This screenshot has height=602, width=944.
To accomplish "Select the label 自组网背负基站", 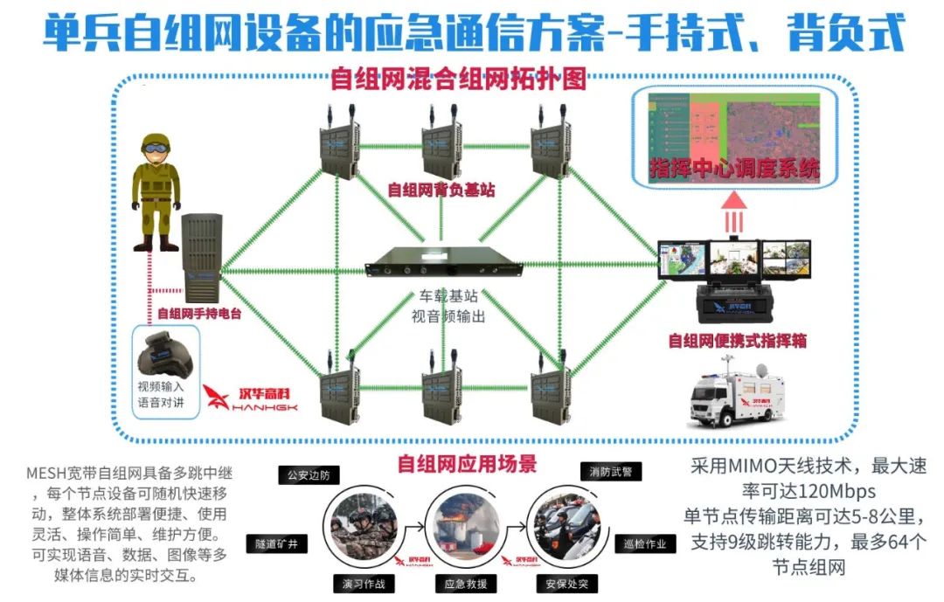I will tap(441, 189).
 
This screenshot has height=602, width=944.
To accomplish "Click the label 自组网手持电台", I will tap(199, 313).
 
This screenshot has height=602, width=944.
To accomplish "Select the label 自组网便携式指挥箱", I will tap(738, 341).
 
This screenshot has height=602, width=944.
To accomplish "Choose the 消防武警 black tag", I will tap(610, 472).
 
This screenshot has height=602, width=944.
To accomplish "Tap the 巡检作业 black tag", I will tap(645, 543).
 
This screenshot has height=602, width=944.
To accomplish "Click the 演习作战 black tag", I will tap(359, 584).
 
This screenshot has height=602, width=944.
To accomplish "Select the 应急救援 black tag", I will tap(466, 584).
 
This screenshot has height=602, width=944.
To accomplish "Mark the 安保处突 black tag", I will tap(568, 584).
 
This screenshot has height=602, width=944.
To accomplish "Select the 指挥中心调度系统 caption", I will tap(734, 170).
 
